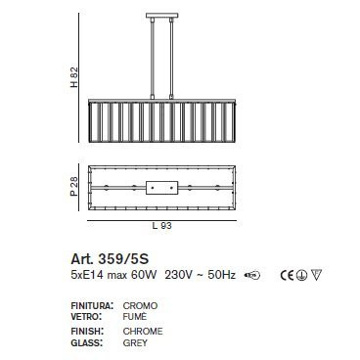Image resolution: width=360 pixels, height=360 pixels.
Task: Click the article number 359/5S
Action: click(107, 260)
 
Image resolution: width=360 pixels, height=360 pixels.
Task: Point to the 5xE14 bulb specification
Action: click(86, 276)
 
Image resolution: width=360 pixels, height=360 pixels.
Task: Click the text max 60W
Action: click(125, 276)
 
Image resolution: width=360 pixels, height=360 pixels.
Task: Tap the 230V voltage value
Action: click(172, 276)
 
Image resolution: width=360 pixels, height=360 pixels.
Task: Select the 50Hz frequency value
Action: click(214, 276)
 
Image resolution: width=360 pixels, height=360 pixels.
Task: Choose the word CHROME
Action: click(144, 333)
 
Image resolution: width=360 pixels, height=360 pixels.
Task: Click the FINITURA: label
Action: click(93, 306)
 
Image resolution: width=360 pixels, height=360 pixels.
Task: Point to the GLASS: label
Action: click(86, 343)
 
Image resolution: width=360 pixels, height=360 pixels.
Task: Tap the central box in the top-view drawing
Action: click(162, 187)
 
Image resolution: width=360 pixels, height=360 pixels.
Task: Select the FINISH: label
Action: click(87, 333)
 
